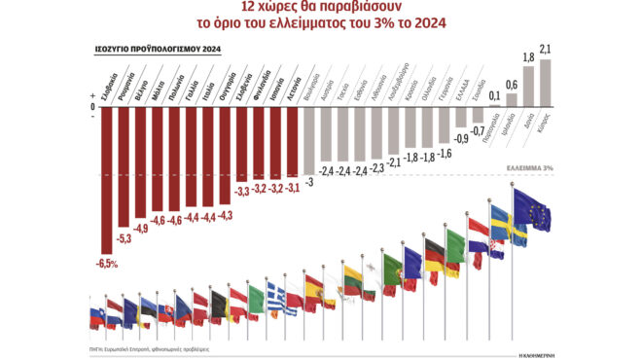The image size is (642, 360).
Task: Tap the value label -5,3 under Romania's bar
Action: coord(124,237)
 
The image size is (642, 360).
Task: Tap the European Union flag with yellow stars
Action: coord(531,211)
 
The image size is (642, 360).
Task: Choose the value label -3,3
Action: coord(242,190)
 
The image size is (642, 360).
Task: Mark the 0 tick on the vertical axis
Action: coord(92,106)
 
